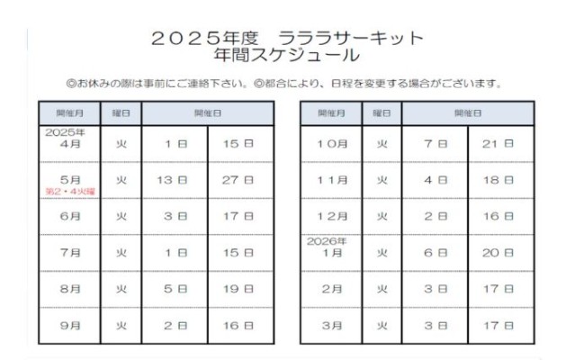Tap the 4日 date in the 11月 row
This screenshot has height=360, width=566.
[x=436, y=180]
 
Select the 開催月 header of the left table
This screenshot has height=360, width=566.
[x=64, y=114]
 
